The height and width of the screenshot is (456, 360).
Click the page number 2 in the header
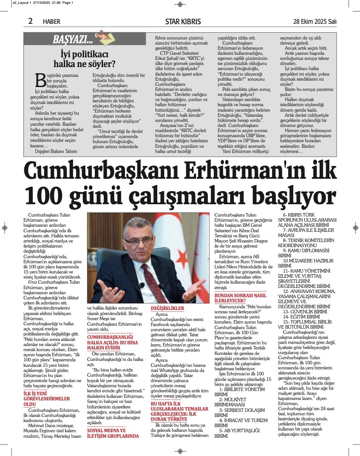click(x=30, y=21)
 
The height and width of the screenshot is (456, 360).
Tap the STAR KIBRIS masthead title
click(x=183, y=21)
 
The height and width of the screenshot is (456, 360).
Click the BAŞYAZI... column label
click(x=73, y=40)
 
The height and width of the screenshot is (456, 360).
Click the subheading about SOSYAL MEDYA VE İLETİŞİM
click(x=113, y=433)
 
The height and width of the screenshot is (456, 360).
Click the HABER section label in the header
click(x=51, y=21)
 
